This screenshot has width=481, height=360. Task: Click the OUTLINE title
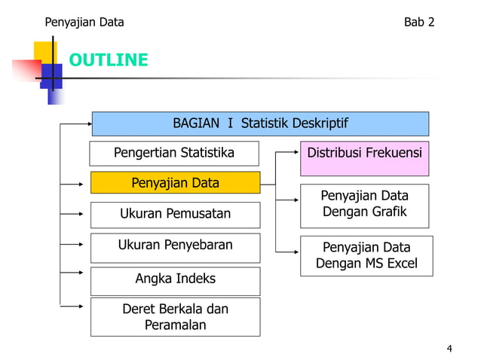[109, 60]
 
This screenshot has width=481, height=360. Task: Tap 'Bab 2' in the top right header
[419, 22]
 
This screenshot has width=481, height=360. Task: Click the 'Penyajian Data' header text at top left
[84, 22]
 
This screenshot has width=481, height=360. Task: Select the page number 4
[450, 348]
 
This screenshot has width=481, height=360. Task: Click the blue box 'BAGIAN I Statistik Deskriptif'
[260, 124]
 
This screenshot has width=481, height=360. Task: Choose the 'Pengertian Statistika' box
[174, 153]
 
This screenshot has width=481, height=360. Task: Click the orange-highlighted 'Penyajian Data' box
[175, 183]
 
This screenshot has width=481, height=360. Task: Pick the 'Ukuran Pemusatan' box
[175, 214]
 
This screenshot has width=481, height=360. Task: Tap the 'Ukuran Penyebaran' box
[175, 245]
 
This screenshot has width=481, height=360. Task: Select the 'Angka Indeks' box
[175, 279]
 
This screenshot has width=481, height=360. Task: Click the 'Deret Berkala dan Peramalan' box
[175, 317]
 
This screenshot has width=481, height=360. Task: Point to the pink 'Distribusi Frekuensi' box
[365, 153]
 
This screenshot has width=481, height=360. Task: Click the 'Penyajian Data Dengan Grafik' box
[365, 204]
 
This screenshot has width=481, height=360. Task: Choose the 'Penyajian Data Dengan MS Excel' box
[366, 256]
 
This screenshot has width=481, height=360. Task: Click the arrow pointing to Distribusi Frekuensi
[288, 153]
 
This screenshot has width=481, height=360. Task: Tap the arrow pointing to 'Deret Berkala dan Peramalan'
[75, 306]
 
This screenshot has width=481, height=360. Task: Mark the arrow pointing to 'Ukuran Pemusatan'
[75, 213]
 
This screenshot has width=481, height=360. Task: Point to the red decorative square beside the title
[26, 70]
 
